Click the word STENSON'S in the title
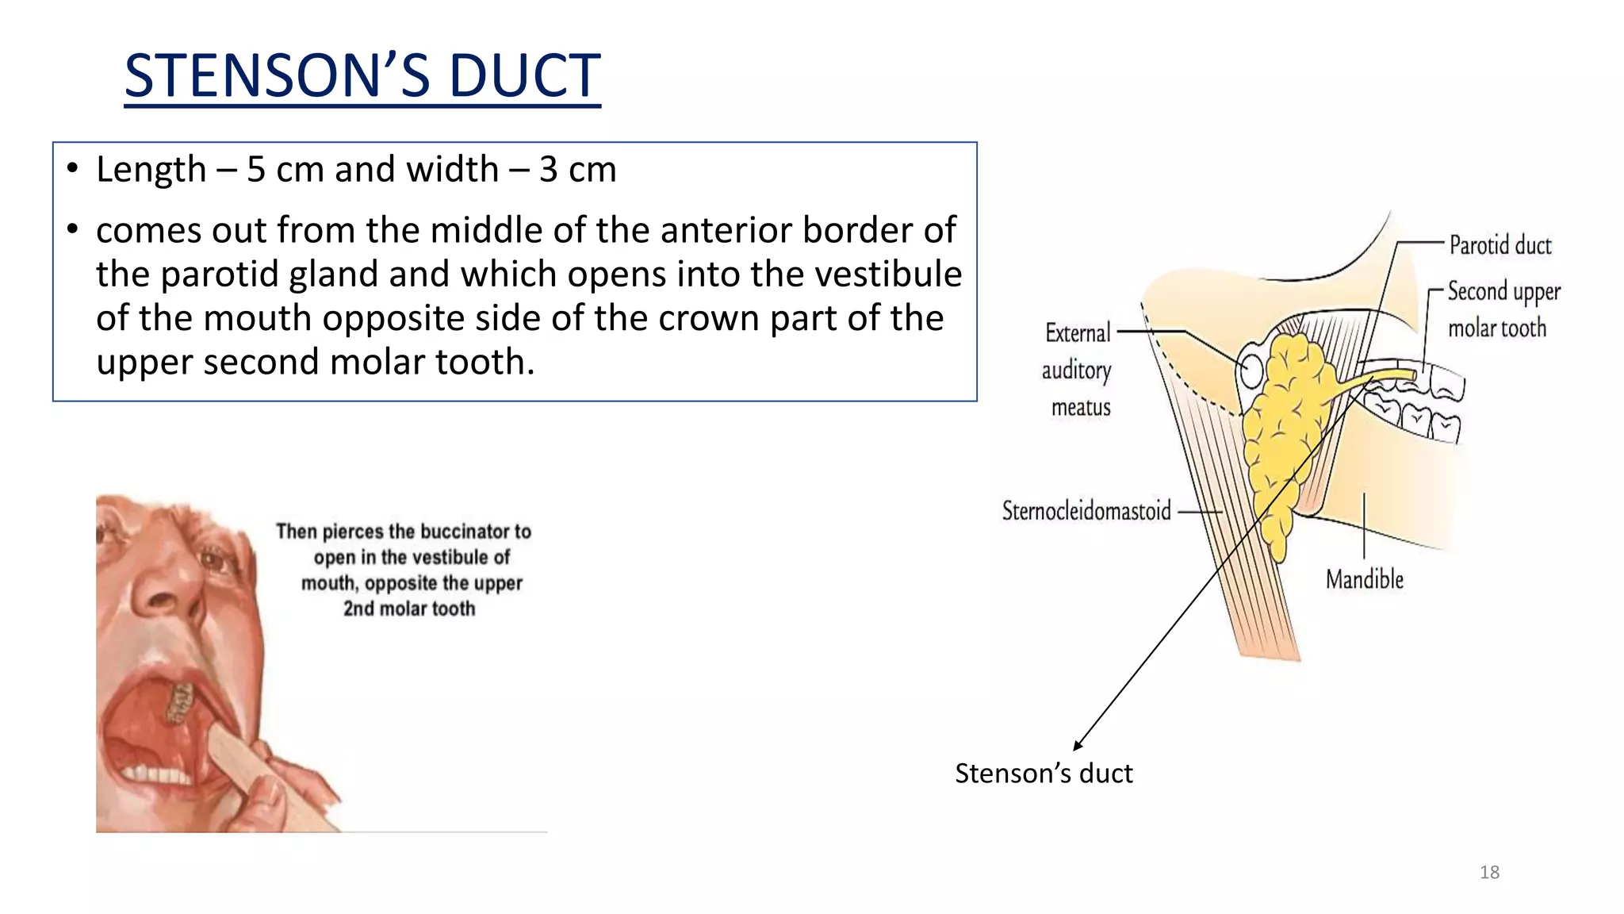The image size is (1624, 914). click(x=274, y=75)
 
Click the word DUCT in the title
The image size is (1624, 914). click(x=524, y=75)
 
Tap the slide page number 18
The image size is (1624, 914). click(x=1489, y=873)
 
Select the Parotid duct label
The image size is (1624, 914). click(x=1500, y=245)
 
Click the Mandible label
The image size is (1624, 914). click(x=1365, y=579)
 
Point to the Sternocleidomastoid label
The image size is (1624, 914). click(x=1086, y=510)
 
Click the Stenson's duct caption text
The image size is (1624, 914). click(x=1044, y=773)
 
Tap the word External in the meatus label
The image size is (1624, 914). click(x=1078, y=333)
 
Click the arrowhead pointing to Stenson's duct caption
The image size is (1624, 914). click(x=1078, y=745)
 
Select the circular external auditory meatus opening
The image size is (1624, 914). click(x=1251, y=371)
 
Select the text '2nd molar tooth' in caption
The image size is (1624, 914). click(x=409, y=609)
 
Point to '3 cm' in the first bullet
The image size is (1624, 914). click(x=577, y=170)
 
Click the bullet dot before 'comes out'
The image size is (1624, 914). click(x=73, y=230)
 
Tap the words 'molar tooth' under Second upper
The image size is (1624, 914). click(x=1497, y=328)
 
